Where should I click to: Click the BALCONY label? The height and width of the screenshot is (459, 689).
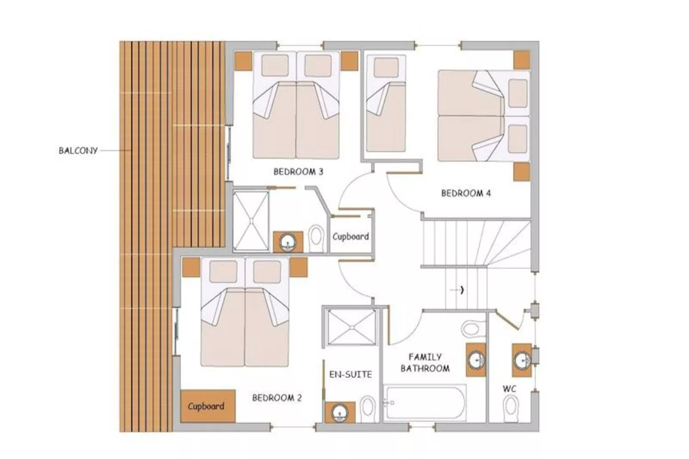78,151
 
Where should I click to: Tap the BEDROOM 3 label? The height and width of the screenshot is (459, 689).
298,172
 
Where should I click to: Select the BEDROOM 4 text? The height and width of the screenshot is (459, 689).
465,193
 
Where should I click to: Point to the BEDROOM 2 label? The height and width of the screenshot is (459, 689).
277,398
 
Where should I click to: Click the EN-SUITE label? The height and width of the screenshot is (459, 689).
350,374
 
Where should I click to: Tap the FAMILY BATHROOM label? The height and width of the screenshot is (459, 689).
425,362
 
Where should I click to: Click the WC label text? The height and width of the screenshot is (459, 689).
509,389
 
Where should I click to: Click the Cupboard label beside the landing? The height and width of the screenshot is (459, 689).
351,236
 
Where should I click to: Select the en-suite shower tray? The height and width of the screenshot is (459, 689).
351,327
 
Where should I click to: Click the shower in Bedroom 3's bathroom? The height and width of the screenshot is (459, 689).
251,221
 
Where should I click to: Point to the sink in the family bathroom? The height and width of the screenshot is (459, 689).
475,359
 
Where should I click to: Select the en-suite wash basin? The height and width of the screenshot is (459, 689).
339,413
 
